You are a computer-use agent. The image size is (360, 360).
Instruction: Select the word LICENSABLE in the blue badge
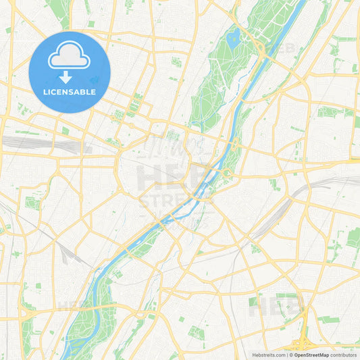pyautogui.click(x=70, y=92)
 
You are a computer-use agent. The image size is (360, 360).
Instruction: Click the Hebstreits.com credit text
pyautogui.click(x=268, y=354)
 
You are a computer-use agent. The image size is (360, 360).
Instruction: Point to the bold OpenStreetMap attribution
pyautogui.click(x=311, y=354)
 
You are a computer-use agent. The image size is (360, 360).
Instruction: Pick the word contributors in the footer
pyautogui.click(x=344, y=354)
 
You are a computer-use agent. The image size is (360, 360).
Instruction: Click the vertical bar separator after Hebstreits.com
pyautogui.click(x=286, y=354)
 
